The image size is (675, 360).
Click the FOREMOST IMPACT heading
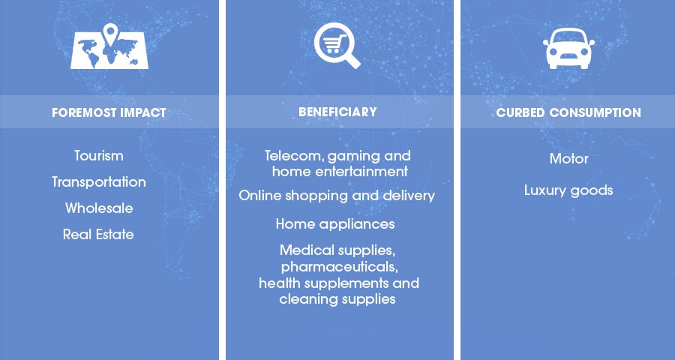[109, 112]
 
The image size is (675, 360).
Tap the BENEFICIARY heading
[337, 112]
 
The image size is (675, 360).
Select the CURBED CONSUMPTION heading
[568, 112]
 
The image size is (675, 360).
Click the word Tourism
[99, 155]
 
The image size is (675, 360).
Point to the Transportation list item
[99, 181]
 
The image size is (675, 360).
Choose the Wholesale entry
[99, 208]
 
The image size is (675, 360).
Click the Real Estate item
[98, 234]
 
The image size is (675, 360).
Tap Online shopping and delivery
[337, 196]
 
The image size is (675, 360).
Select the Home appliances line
[335, 224]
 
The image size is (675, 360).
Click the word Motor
[568, 159]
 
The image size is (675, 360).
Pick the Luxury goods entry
[568, 190]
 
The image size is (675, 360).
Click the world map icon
[109, 52]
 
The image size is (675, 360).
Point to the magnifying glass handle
[352, 61]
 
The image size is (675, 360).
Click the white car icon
[568, 48]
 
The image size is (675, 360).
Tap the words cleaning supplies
[337, 298]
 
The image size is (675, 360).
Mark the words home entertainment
[340, 172]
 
